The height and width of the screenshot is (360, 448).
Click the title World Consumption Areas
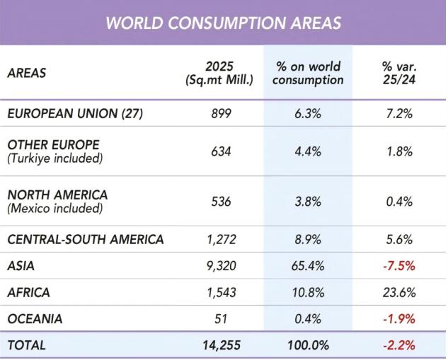[x=224, y=23]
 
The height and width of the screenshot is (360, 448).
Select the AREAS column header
[x=27, y=73]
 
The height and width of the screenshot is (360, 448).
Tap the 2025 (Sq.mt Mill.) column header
[x=219, y=73]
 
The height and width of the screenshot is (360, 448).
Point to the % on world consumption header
[x=308, y=73]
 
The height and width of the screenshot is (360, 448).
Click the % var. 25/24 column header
[x=399, y=73]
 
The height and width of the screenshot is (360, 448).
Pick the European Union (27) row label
[x=75, y=114]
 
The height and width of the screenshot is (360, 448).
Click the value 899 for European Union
[x=221, y=114]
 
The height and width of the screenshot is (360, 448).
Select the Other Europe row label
[x=53, y=145]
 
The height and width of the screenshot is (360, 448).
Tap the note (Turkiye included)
[x=55, y=158]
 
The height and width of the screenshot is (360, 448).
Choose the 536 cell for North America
[x=221, y=202]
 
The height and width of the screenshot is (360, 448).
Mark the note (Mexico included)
[x=55, y=208]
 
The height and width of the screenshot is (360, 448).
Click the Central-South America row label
[x=86, y=239]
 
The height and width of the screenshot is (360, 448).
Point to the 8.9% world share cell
[x=308, y=239]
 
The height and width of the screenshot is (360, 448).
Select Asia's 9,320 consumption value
[x=221, y=266]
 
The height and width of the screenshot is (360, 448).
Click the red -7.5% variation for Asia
[x=399, y=266]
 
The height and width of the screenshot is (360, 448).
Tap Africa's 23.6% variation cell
[x=399, y=292]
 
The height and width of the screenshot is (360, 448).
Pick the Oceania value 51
[x=221, y=318]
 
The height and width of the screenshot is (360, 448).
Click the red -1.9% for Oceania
[x=399, y=318]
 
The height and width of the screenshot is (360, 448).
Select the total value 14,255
[x=222, y=345]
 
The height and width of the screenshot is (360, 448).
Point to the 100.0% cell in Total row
[x=309, y=345]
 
